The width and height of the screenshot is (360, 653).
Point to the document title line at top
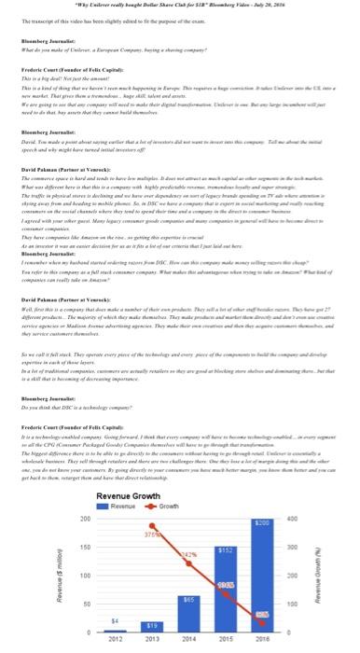179,7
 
